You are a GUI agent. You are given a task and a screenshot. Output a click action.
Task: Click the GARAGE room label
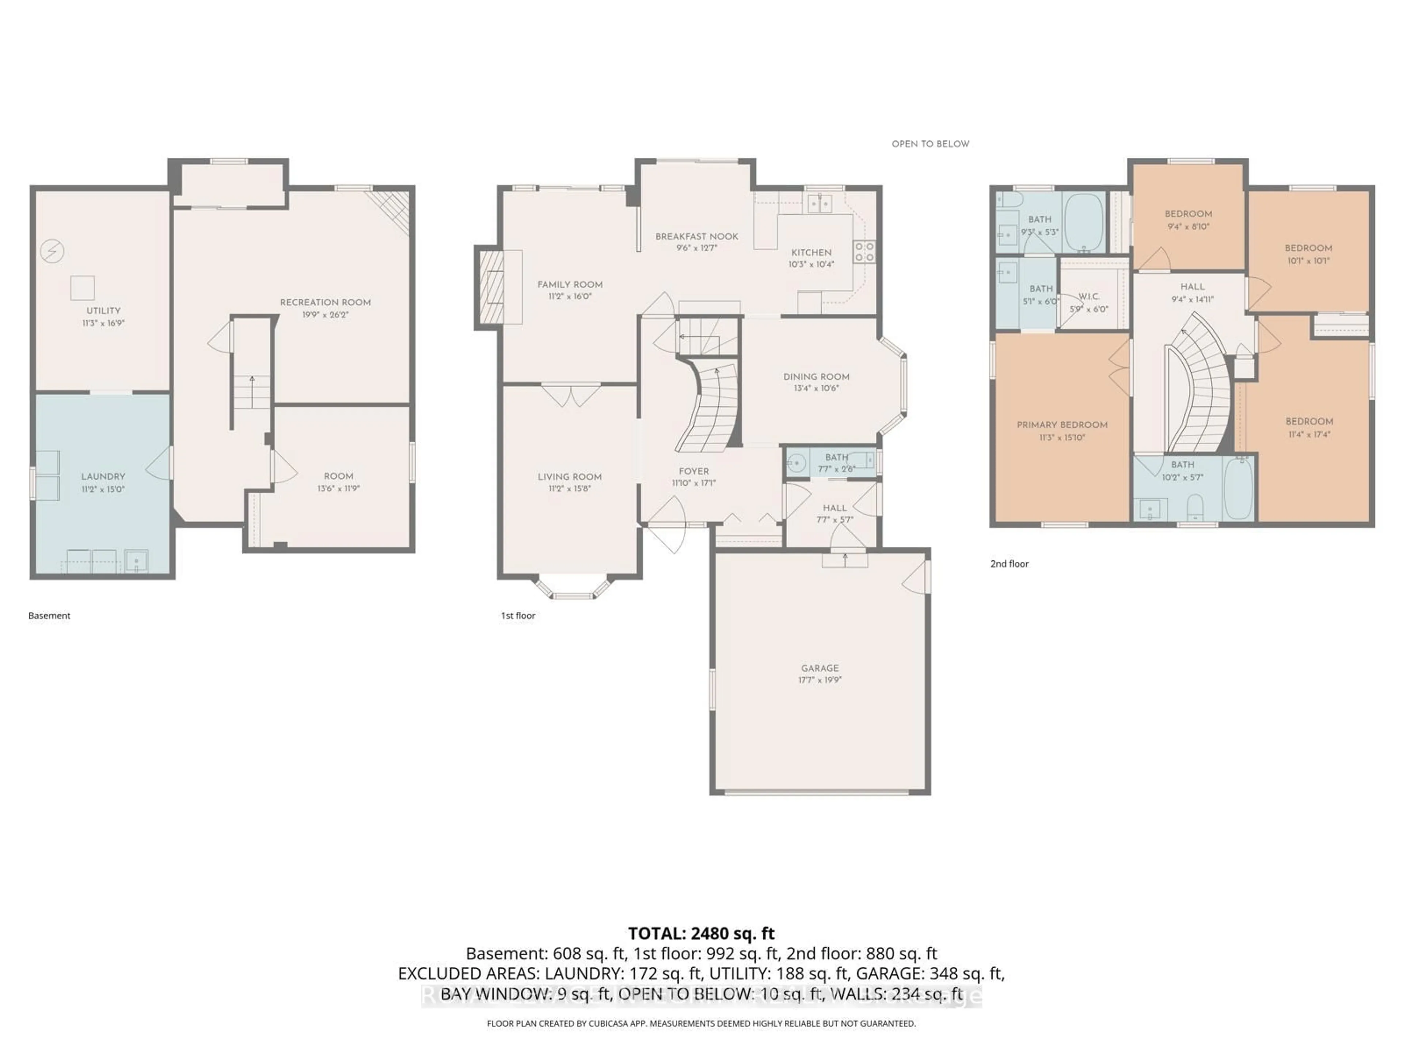(820, 668)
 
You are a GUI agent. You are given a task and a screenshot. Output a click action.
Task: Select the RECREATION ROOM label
(326, 302)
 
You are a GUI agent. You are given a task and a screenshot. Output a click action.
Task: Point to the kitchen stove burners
(864, 252)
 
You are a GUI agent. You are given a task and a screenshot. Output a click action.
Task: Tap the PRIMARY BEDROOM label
(1062, 425)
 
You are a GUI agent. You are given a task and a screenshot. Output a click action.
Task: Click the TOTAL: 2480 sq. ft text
(701, 933)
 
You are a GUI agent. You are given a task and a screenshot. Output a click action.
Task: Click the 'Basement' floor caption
(49, 615)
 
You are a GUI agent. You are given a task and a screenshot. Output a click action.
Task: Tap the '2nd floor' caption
(1009, 564)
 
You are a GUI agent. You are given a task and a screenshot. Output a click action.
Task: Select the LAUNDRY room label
(103, 476)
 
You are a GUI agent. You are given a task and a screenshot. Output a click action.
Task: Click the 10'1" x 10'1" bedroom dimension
(1308, 260)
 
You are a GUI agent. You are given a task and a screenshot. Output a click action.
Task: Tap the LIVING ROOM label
(570, 477)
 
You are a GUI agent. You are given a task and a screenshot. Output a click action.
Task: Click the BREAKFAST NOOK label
(696, 237)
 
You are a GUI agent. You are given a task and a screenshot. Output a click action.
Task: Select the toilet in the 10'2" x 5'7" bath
(1195, 507)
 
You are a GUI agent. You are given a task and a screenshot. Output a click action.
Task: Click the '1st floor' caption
(518, 615)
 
